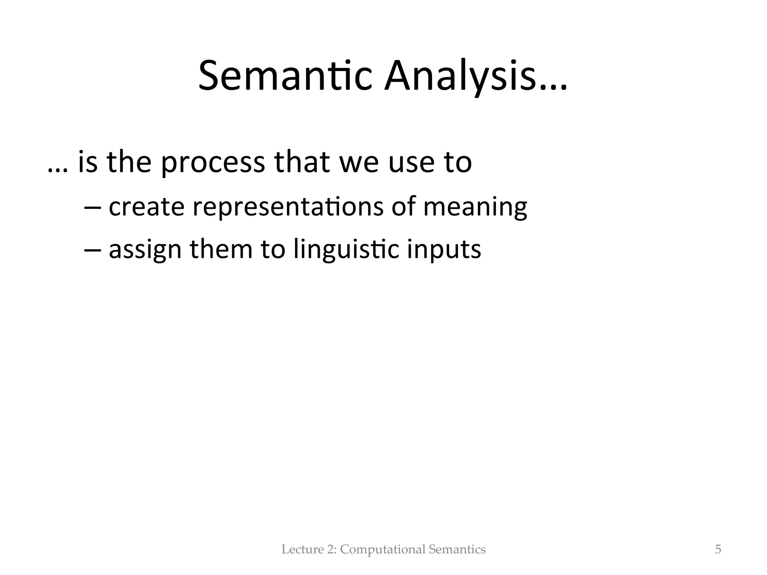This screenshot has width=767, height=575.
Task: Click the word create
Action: (146, 207)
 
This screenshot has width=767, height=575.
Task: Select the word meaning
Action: (475, 207)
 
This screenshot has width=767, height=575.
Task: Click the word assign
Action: (145, 250)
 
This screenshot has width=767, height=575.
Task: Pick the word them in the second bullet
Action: (221, 249)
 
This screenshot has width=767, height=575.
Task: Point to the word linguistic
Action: (346, 250)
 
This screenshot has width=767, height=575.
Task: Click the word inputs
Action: (444, 250)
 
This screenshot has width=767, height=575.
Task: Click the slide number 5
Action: (718, 549)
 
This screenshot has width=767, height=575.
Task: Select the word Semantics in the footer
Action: (457, 550)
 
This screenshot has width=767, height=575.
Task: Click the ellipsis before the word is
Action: (58, 170)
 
